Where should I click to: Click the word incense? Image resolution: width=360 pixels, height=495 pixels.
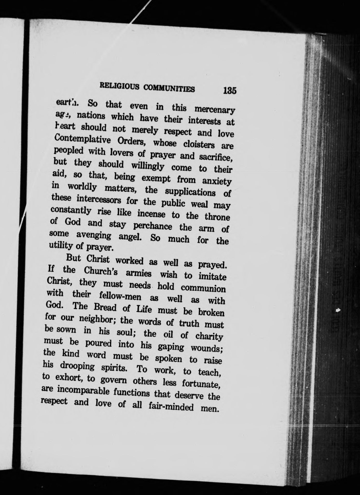(x=151, y=214)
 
